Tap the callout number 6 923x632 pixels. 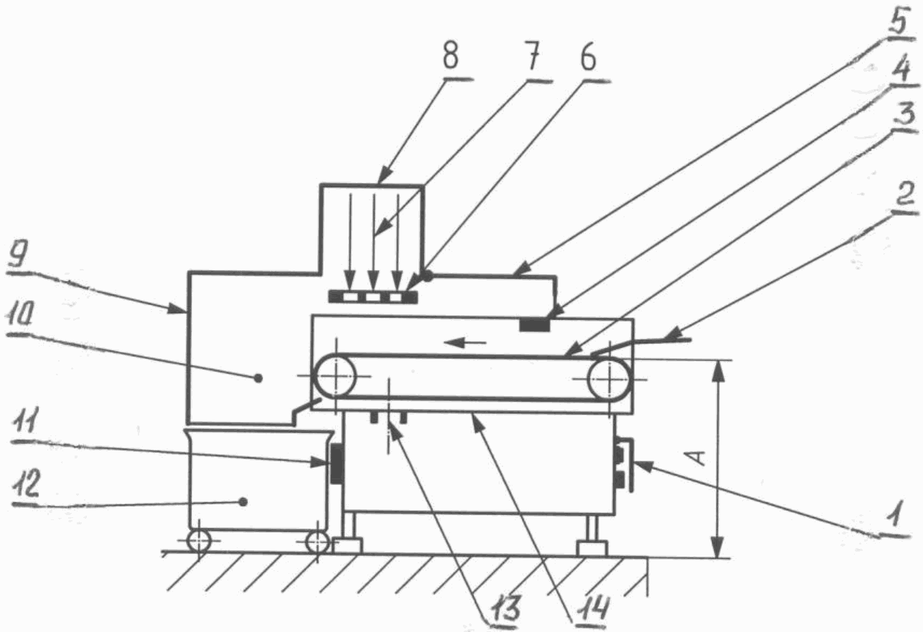pyautogui.click(x=588, y=57)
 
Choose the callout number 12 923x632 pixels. pyautogui.click(x=26, y=484)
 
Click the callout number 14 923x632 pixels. pyautogui.click(x=591, y=608)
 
